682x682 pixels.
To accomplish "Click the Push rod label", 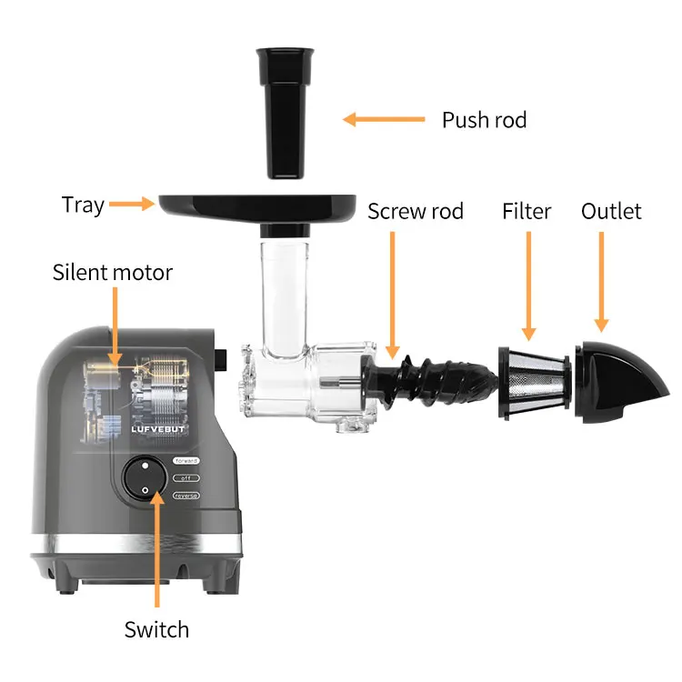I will [484, 120].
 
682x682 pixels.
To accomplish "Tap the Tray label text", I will [83, 205].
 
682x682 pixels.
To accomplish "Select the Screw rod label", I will [416, 212].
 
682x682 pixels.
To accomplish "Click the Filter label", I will [527, 212].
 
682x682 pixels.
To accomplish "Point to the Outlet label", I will [612, 212].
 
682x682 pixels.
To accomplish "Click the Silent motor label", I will [113, 272].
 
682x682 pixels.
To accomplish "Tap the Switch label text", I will [156, 629].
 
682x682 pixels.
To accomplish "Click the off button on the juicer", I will [186, 477].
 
